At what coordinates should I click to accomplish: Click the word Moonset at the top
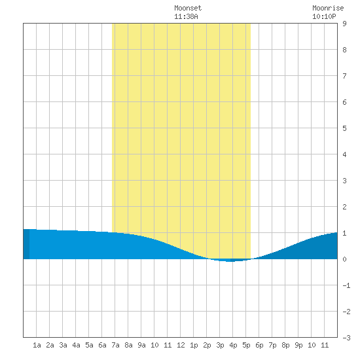tap(188, 8)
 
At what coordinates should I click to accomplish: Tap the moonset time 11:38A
tap(186, 16)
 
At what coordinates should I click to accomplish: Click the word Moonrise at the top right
tap(328, 8)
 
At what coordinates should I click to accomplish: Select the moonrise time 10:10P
tap(324, 16)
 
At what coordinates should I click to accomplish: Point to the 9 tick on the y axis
tap(344, 24)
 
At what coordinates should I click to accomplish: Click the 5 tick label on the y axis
tap(344, 128)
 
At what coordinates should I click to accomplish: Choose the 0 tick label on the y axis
tap(344, 259)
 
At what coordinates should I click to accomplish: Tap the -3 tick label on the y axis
tap(346, 338)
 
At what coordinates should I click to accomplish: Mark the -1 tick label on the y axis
tap(346, 285)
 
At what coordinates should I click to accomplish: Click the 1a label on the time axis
tap(37, 345)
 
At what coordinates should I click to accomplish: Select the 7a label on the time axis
tap(115, 345)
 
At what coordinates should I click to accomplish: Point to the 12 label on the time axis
tap(181, 345)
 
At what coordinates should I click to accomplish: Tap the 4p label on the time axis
tap(233, 345)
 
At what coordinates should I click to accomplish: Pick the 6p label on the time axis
tap(259, 345)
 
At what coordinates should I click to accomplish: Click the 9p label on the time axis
tap(298, 345)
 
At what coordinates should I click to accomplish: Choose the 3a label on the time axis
tap(63, 345)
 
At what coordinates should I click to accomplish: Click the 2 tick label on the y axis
tap(344, 207)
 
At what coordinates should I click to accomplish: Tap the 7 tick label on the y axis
tap(344, 76)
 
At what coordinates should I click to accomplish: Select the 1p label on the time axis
tap(194, 345)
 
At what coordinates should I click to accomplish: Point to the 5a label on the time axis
tap(89, 345)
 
